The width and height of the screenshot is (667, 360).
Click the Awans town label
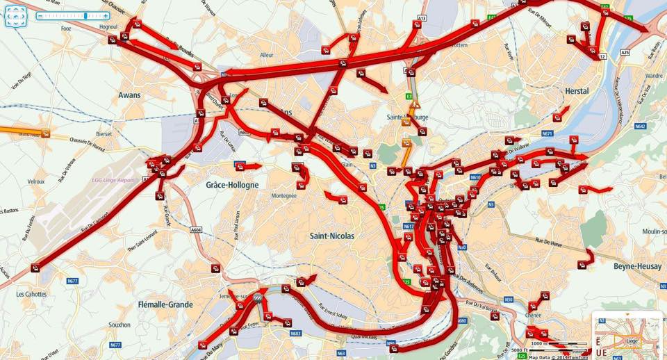tap(129, 95)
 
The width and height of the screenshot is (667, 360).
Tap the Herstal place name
tap(577, 91)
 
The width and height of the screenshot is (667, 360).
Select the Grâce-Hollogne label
tap(232, 185)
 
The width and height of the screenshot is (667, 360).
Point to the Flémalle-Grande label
tap(165, 304)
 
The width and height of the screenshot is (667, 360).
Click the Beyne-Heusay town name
tap(637, 266)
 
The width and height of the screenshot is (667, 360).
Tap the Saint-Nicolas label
tap(331, 236)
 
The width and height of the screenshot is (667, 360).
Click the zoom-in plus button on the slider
tap(105, 15)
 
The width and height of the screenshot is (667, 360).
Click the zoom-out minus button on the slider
tap(40, 15)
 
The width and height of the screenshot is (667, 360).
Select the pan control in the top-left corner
tap(15, 15)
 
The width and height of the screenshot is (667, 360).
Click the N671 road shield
tap(547, 133)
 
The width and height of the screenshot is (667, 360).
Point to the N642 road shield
tap(640, 126)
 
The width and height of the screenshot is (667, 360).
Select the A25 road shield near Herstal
tap(625, 52)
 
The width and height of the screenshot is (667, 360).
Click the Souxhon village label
tap(120, 325)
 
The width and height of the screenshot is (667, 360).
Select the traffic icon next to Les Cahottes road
tap(35, 268)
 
